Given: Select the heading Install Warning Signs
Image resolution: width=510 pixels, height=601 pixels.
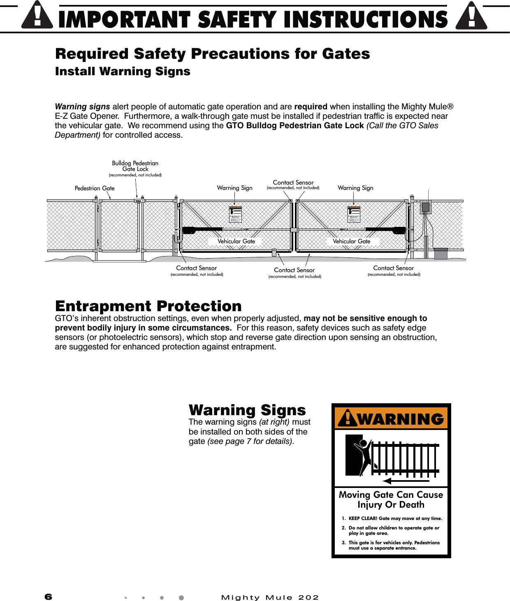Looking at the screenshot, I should click(x=123, y=72).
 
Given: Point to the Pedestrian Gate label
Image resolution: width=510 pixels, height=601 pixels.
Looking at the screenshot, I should click(x=95, y=188).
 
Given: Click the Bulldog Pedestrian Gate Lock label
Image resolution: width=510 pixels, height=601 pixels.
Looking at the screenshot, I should click(x=135, y=166).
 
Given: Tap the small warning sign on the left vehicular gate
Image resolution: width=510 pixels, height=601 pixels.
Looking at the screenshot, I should click(x=235, y=214).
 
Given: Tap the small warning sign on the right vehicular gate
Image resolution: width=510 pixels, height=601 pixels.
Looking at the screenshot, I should click(x=354, y=214).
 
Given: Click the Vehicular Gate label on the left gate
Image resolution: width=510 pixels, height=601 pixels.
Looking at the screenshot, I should click(x=236, y=241).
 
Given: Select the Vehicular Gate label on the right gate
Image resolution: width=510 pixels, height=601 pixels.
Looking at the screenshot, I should click(x=351, y=241).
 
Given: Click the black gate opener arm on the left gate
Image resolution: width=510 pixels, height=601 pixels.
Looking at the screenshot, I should click(x=202, y=230).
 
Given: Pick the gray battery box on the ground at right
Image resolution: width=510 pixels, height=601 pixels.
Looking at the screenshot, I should click(x=440, y=253).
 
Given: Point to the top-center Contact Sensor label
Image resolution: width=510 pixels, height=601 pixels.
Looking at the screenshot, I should click(x=293, y=183).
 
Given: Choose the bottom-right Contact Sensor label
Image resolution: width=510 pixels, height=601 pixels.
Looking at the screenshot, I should click(x=394, y=268).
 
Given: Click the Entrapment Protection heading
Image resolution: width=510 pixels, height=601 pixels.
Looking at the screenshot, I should click(x=148, y=306).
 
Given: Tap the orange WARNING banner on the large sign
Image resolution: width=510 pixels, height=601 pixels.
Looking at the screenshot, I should click(x=391, y=418).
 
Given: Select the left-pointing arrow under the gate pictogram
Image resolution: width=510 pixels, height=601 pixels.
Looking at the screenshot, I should click(x=406, y=481).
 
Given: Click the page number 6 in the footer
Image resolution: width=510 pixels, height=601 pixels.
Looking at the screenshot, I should click(x=49, y=597).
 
